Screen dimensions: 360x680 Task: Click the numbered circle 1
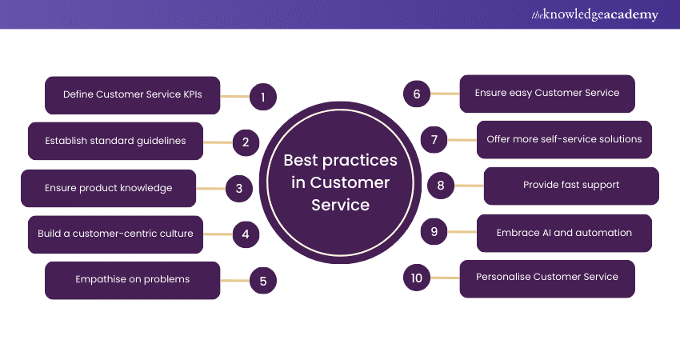point(262,98)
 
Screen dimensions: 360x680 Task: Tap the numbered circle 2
point(246,143)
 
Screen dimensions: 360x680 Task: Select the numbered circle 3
point(238,189)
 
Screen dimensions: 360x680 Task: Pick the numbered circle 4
point(246,235)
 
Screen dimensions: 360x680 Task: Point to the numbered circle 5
point(262,281)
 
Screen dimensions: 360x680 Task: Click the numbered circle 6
point(417,94)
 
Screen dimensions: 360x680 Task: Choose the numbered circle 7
point(434,140)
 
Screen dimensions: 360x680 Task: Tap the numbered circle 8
point(441,186)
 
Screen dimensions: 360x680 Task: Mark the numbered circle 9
point(434,232)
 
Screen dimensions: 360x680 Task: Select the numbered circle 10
point(417,278)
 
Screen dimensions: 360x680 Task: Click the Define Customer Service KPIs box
point(132,95)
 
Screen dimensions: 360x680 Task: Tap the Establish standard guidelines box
point(115,141)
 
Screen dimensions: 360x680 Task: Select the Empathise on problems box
point(132,280)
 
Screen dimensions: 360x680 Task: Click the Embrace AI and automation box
point(564,233)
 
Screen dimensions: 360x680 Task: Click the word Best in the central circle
point(301,160)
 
